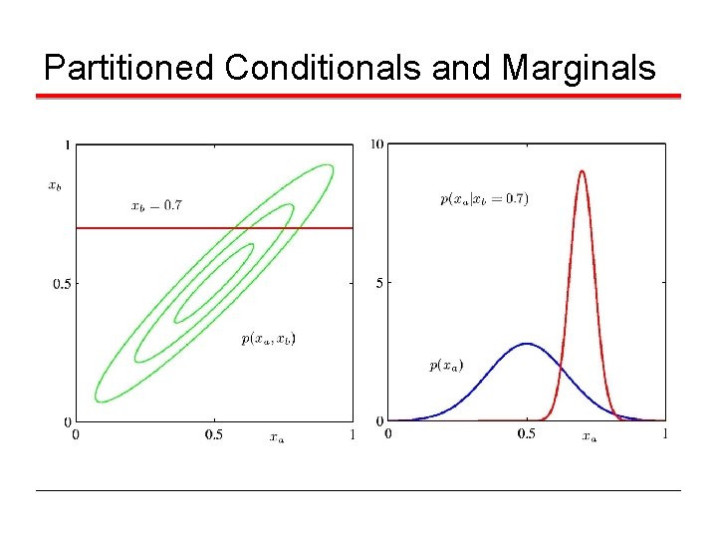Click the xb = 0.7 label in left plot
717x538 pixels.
click(156, 206)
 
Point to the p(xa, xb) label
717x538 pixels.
click(268, 339)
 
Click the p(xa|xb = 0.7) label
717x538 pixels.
click(484, 198)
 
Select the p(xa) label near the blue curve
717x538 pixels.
click(446, 366)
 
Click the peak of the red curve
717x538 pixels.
click(582, 171)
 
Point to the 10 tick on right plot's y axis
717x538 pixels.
click(376, 144)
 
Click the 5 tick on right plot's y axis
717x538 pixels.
click(379, 283)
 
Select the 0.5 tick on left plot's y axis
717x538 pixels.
click(62, 283)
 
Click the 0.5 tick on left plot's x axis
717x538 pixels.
click(213, 433)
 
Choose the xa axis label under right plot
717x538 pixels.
click(590, 436)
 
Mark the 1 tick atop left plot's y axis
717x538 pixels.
click(67, 145)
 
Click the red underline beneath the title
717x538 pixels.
click(358, 97)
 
